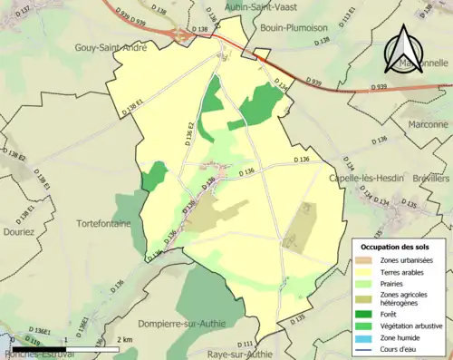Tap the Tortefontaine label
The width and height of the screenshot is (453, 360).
coord(105,223)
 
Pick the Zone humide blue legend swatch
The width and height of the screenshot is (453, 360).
coord(368,338)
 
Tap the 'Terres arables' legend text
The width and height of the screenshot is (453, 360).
coord(407,270)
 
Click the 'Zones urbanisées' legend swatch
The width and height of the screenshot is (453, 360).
coord(368,259)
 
